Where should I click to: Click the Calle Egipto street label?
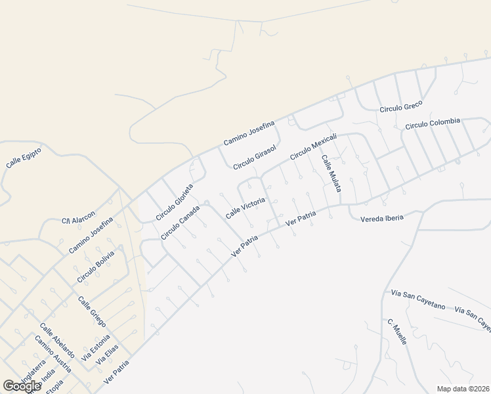24,158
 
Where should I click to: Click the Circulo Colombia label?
433,123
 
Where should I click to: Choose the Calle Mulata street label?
331,173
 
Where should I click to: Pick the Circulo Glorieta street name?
175,202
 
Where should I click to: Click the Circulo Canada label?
181,223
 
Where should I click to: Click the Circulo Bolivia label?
96,267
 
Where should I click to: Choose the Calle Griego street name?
92,312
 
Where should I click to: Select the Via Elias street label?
107,354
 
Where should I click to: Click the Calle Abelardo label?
56,340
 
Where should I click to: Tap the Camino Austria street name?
53,354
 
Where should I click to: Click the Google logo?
22,386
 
